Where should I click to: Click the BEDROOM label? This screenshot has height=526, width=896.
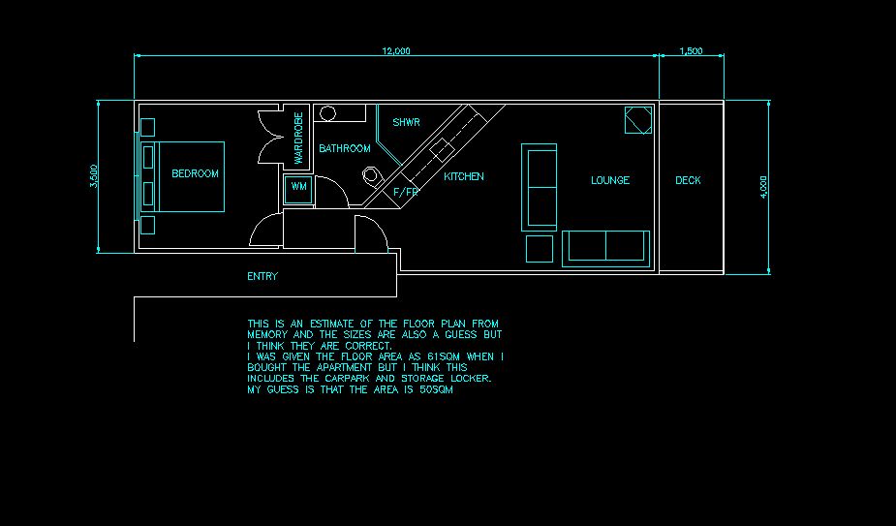click(x=195, y=174)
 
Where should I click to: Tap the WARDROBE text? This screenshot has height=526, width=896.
click(x=298, y=138)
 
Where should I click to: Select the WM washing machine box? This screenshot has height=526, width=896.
click(x=297, y=187)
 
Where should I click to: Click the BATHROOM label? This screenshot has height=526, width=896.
click(x=345, y=149)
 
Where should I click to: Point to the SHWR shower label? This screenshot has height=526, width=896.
click(x=406, y=123)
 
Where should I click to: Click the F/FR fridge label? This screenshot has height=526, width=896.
click(x=406, y=192)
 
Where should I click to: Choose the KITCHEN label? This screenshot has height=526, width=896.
click(x=464, y=177)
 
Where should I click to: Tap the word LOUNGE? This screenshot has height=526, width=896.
click(x=610, y=180)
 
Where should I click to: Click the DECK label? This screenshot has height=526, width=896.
click(x=688, y=180)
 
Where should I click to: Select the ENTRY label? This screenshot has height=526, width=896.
click(x=263, y=277)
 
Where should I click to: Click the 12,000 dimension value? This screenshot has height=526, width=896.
click(x=396, y=51)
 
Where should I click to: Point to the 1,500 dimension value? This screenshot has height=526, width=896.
click(x=692, y=51)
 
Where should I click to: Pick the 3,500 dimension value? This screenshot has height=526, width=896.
click(x=94, y=176)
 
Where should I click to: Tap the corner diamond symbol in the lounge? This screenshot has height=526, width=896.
click(x=637, y=120)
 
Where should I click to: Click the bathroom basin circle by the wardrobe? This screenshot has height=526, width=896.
click(x=328, y=114)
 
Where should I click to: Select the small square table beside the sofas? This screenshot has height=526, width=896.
click(x=539, y=248)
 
